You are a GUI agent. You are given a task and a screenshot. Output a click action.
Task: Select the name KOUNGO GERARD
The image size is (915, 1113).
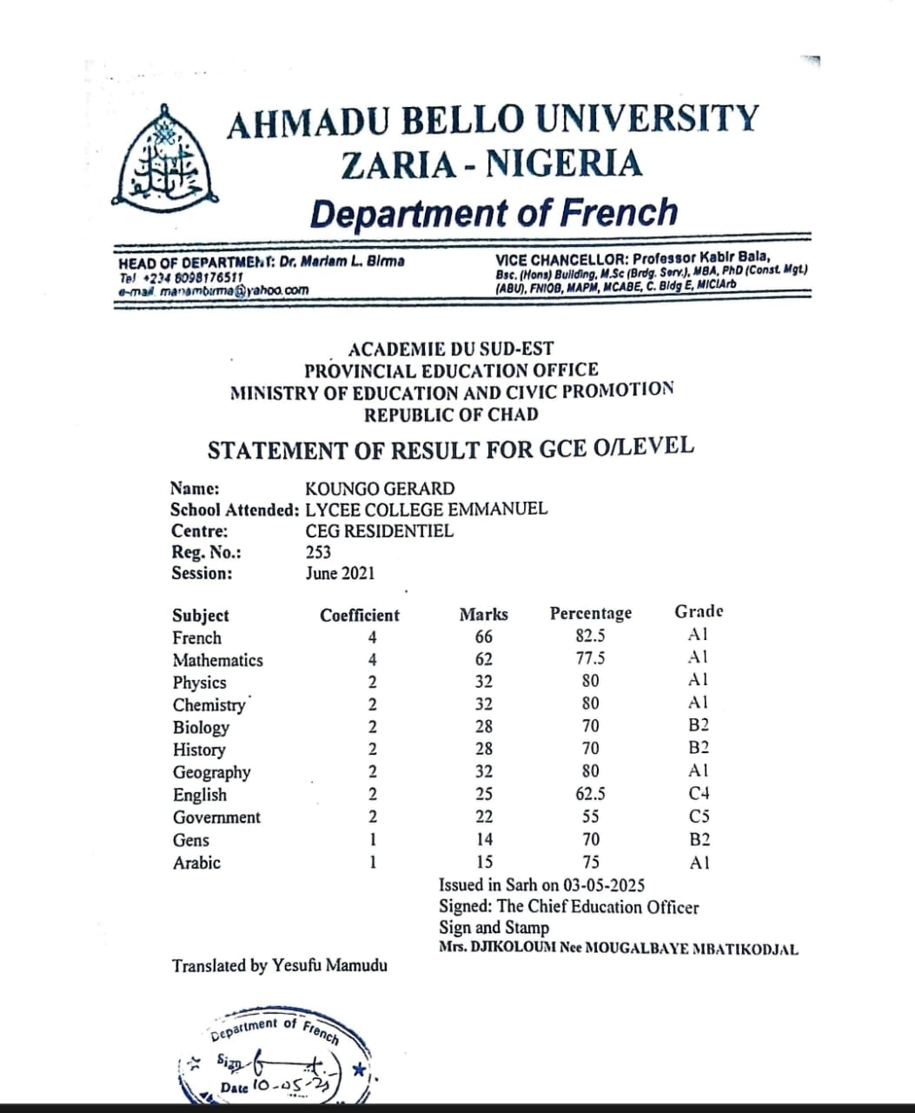380,489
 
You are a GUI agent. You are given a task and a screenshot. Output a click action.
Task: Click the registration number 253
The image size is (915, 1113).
318,552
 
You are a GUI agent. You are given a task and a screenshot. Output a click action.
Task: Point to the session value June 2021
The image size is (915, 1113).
340,573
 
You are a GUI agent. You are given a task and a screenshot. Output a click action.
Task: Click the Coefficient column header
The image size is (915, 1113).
360,616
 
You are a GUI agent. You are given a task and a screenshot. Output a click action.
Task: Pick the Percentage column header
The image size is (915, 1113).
591,614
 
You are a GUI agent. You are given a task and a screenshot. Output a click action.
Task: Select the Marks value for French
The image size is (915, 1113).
483,637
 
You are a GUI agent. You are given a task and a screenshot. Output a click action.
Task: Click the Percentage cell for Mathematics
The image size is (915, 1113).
591,658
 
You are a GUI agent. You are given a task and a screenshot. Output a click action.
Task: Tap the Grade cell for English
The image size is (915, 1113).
699,794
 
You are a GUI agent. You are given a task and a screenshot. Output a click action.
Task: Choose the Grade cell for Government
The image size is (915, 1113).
699,816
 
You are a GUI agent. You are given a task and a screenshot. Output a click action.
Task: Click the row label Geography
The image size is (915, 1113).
211,772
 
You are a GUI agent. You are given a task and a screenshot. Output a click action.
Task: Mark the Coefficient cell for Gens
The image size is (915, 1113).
372,840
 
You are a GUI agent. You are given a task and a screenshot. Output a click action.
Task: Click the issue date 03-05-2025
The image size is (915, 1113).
603,885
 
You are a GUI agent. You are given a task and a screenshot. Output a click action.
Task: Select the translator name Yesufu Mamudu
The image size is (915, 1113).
330,965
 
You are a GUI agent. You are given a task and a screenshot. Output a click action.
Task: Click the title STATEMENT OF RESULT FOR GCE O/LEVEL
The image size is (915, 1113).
451,450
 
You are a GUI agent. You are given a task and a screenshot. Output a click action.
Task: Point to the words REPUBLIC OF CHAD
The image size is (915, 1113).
451,415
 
